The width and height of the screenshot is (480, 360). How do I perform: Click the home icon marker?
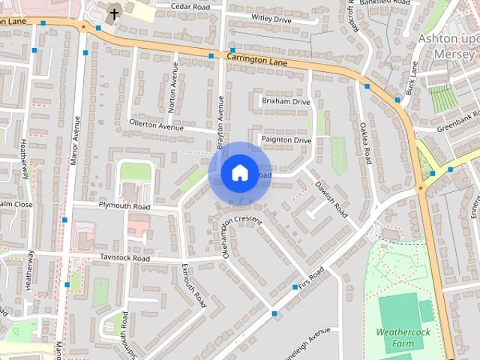pyautogui.click(x=238, y=173)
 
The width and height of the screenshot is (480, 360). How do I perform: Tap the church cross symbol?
pyautogui.click(x=115, y=13)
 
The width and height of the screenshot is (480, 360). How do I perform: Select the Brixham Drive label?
pyautogui.click(x=285, y=101)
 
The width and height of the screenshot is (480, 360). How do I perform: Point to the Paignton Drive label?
pyautogui.click(x=286, y=140)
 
